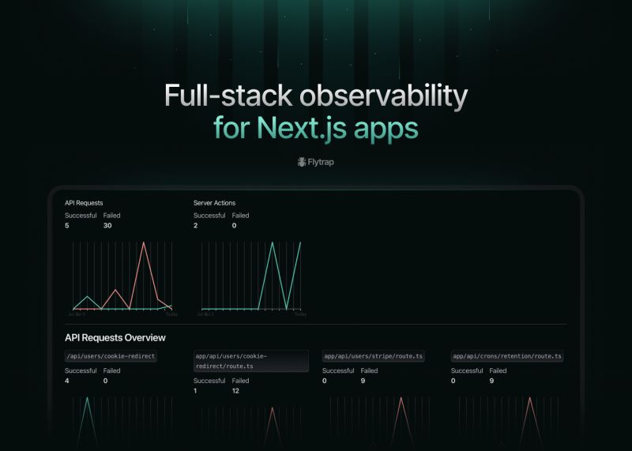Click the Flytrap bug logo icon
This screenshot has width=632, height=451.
pyautogui.click(x=302, y=162)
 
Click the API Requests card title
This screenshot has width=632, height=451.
pyautogui.click(x=84, y=203)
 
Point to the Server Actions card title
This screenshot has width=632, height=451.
pyautogui.click(x=214, y=203)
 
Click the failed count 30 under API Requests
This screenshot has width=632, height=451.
pyautogui.click(x=107, y=226)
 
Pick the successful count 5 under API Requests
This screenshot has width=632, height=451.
pyautogui.click(x=67, y=226)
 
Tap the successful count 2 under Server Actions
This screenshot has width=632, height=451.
pyautogui.click(x=196, y=226)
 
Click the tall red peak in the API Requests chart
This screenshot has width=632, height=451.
pyautogui.click(x=144, y=243)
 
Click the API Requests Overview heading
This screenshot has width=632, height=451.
pyautogui.click(x=115, y=338)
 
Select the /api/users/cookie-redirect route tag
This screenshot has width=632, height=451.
pyautogui.click(x=111, y=356)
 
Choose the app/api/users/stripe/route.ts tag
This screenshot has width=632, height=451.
pyautogui.click(x=374, y=356)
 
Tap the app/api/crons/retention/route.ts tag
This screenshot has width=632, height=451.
pyautogui.click(x=506, y=356)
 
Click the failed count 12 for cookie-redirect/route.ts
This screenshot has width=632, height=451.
pyautogui.click(x=236, y=391)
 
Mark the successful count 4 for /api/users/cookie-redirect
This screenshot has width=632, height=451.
pyautogui.click(x=67, y=381)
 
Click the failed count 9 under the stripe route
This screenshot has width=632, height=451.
pyautogui.click(x=363, y=381)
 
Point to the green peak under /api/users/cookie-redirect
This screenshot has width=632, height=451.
pyautogui.click(x=88, y=400)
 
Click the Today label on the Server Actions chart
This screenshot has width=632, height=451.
pyautogui.click(x=300, y=314)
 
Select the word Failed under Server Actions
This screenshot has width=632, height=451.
pyautogui.click(x=240, y=215)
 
